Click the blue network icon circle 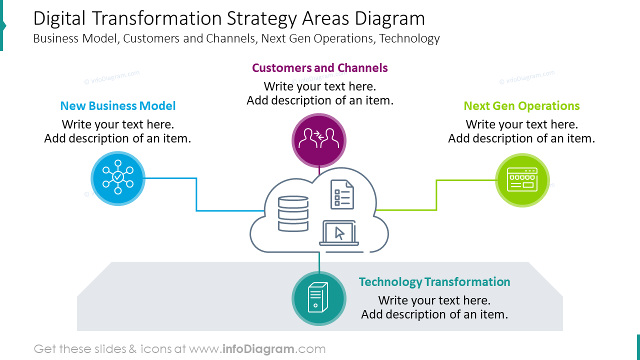118,178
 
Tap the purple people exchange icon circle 319,140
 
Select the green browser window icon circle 522,180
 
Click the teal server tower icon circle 318,298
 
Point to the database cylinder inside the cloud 293,213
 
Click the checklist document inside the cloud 342,194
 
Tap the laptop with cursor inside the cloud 339,233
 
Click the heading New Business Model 118,106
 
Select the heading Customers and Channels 319,67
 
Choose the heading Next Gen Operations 521,106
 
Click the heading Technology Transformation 434,282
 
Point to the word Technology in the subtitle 409,38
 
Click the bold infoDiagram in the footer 257,349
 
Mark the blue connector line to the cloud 196,200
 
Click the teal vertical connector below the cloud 319,262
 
